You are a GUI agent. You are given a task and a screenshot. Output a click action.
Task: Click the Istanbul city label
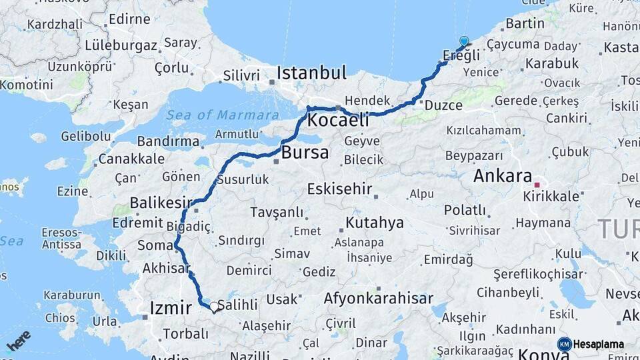click(312, 72)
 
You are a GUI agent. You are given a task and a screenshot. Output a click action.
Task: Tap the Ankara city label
click(503, 177)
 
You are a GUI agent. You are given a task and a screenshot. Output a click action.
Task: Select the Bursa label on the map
click(305, 153)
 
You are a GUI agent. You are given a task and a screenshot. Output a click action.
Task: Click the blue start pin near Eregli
click(464, 41)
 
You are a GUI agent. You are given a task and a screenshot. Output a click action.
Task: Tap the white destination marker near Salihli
click(214, 307)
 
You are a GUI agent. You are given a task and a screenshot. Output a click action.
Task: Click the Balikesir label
click(161, 202)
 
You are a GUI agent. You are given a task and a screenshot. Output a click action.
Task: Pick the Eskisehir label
click(339, 189)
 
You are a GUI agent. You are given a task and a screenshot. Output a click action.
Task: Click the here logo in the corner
click(19, 340)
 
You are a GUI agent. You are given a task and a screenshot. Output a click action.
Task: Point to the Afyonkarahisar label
click(378, 299)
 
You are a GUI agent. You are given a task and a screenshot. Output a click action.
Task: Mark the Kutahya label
click(375, 223)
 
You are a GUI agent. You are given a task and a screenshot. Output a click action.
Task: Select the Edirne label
click(129, 19)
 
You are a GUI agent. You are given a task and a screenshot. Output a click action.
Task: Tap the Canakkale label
click(131, 159)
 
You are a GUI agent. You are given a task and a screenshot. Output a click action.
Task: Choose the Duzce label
click(443, 105)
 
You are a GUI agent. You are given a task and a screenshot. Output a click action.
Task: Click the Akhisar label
click(165, 269)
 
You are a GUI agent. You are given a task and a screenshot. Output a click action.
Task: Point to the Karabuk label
click(552, 63)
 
